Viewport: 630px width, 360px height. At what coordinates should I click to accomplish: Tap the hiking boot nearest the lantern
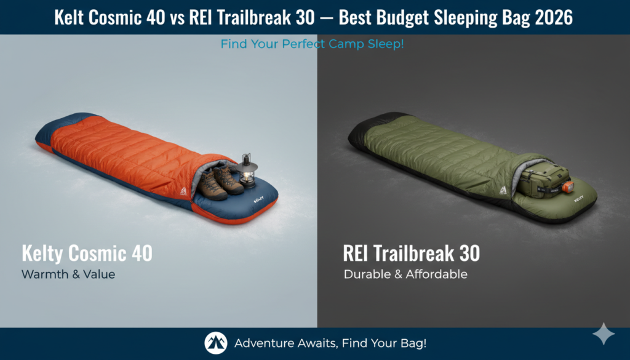(x=230, y=180)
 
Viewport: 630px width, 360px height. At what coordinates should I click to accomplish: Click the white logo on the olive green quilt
(x=503, y=192)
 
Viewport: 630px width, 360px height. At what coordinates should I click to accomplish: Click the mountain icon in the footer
(x=216, y=343)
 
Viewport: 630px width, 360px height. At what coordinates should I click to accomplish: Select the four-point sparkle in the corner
(x=603, y=334)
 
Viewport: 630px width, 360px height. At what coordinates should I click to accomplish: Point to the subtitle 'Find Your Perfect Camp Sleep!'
(x=312, y=44)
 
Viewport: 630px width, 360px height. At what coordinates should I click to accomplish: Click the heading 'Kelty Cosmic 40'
(x=87, y=253)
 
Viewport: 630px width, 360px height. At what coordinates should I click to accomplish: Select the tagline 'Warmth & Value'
(x=68, y=274)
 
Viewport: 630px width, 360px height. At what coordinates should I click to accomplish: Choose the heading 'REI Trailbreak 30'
(x=411, y=253)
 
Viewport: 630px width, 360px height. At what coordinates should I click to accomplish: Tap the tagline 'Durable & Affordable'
(x=405, y=274)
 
